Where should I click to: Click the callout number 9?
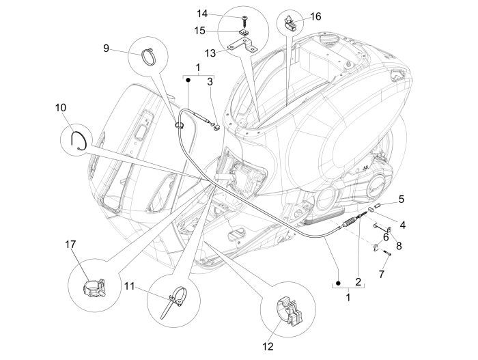107,48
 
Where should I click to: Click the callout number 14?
222,14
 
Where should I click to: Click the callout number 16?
315,16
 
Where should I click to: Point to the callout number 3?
210,82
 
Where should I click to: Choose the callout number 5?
401,199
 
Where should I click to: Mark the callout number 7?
382,274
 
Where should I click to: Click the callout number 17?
70,244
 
